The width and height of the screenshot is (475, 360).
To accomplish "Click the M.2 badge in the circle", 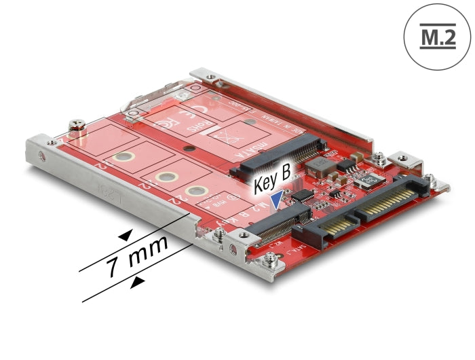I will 436,35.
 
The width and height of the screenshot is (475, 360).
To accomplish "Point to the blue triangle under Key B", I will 276,198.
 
